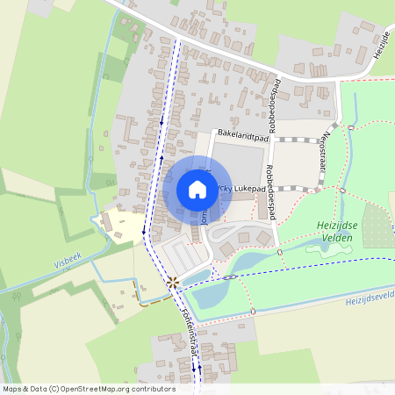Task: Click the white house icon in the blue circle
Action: (x=197, y=190)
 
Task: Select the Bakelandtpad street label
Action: (x=238, y=137)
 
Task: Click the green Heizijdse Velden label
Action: (x=336, y=231)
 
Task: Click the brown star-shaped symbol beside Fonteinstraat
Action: (x=172, y=282)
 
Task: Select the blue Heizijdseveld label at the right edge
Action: (x=370, y=298)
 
